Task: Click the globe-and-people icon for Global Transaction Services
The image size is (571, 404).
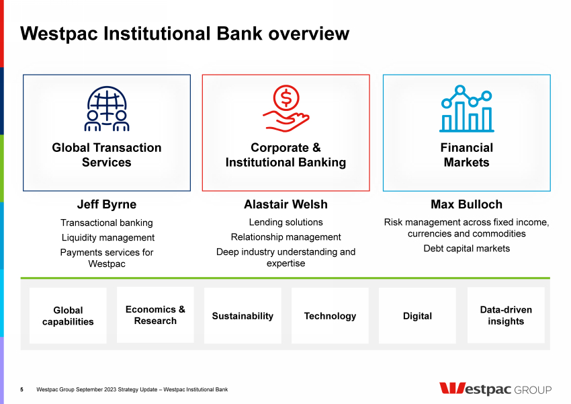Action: click(x=107, y=108)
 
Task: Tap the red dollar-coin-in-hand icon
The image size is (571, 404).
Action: click(x=286, y=108)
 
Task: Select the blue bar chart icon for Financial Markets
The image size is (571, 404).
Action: click(x=466, y=108)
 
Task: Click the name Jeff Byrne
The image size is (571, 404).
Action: click(x=107, y=204)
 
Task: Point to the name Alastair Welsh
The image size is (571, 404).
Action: click(x=286, y=204)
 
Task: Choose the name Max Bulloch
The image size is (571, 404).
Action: click(x=466, y=204)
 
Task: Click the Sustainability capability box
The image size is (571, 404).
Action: click(x=243, y=315)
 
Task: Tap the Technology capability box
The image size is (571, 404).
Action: click(x=330, y=315)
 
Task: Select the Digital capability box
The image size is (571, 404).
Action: click(x=417, y=315)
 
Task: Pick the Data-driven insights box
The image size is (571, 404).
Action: click(x=506, y=315)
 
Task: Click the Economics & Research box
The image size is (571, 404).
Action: click(x=155, y=315)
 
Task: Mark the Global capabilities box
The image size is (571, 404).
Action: click(x=68, y=315)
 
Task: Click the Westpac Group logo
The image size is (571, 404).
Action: click(x=495, y=389)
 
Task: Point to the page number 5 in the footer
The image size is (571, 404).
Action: click(x=22, y=389)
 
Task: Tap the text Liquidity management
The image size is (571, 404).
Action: click(x=108, y=237)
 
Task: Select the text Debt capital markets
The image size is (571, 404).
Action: click(x=466, y=249)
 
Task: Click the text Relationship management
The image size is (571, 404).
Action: click(x=286, y=237)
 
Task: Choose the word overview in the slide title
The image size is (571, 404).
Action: click(x=309, y=34)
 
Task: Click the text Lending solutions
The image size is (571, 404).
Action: click(x=286, y=223)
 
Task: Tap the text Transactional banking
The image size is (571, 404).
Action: click(x=107, y=223)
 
